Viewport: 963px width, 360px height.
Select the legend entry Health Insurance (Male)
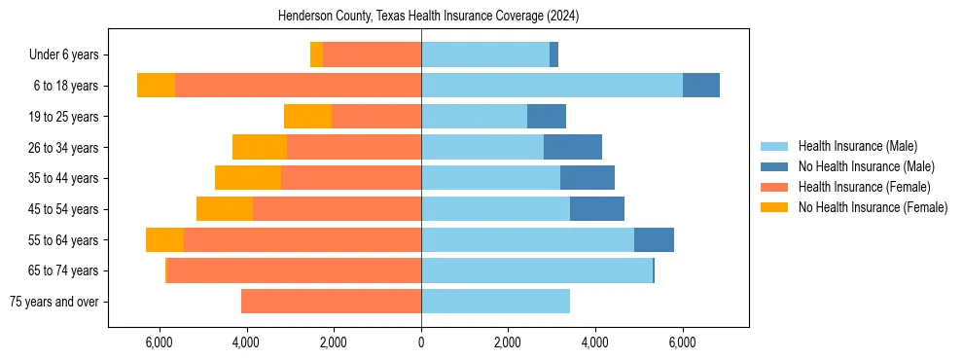coord(857,147)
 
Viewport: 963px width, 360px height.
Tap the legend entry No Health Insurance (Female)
coord(873,207)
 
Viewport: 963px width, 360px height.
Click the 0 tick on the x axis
coord(421,342)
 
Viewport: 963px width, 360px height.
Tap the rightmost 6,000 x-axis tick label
coord(682,342)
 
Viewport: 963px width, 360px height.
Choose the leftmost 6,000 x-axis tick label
coord(160,342)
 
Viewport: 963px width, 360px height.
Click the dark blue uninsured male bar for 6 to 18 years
coord(700,86)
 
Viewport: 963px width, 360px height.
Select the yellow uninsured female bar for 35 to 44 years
coord(248,178)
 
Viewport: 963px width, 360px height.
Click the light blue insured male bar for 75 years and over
coord(495,302)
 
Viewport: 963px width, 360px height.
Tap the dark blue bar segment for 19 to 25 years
coord(546,117)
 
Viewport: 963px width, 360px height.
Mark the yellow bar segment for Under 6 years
coord(316,55)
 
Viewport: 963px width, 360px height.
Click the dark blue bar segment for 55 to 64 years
coord(654,239)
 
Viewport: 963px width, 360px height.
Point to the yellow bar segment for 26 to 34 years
coord(260,147)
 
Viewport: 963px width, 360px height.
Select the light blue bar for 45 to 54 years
coord(495,209)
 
